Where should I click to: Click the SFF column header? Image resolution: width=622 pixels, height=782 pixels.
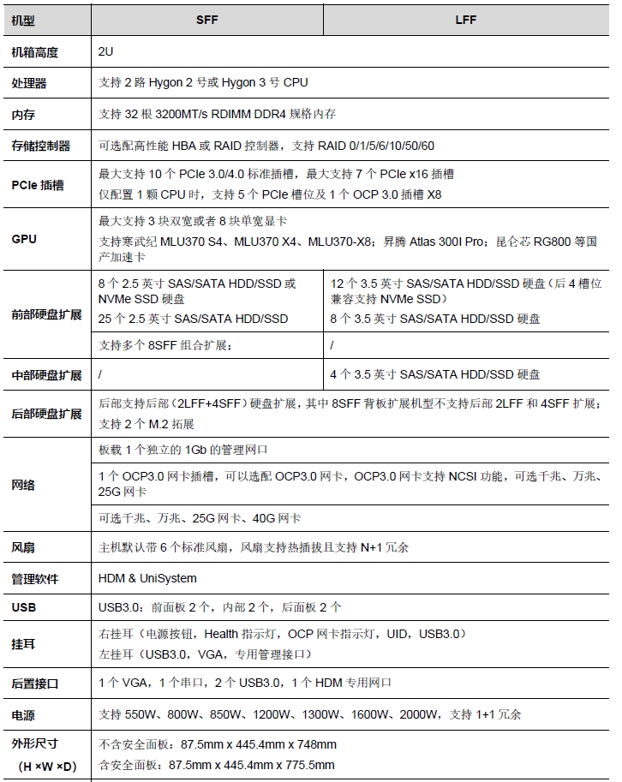[x=207, y=19]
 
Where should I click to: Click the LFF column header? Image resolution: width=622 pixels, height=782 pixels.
[x=466, y=19]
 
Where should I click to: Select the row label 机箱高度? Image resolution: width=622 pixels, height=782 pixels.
[x=35, y=52]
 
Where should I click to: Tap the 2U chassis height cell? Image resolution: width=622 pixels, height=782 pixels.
[x=106, y=52]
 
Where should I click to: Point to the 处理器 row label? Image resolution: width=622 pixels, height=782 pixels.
[x=29, y=83]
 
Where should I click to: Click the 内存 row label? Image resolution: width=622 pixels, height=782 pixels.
[x=23, y=114]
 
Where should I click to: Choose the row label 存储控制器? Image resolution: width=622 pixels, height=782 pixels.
[x=41, y=146]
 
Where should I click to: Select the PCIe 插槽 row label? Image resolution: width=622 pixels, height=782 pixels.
[x=38, y=184]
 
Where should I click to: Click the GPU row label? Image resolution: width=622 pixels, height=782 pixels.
[x=24, y=239]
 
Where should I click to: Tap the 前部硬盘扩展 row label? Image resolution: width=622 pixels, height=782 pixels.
[x=46, y=314]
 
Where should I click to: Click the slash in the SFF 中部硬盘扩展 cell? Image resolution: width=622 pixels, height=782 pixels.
[x=101, y=375]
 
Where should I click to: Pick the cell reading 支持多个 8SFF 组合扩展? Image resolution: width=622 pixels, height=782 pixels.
[x=165, y=345]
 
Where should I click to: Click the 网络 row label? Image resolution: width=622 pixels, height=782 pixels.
[x=23, y=485]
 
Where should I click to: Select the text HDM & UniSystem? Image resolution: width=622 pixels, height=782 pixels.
[x=147, y=578]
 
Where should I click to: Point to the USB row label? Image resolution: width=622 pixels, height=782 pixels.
[x=24, y=607]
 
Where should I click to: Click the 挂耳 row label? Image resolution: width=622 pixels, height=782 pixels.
[x=23, y=643]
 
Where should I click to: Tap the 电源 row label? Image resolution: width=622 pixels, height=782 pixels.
[x=23, y=714]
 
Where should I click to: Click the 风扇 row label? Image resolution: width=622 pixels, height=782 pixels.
[x=23, y=546]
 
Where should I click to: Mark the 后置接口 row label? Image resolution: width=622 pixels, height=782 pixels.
[x=35, y=684]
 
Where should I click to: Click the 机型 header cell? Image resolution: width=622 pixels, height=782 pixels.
[x=23, y=19]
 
